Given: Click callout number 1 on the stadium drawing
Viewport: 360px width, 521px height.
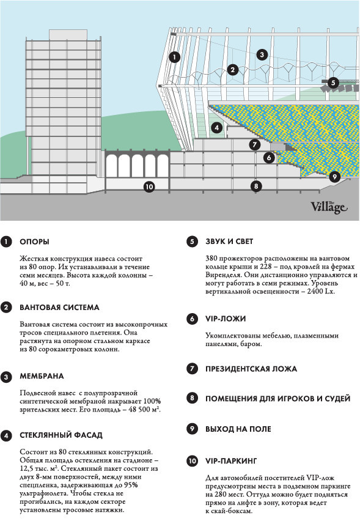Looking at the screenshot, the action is [174, 57].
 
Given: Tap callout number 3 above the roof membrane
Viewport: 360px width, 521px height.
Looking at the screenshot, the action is [262, 54].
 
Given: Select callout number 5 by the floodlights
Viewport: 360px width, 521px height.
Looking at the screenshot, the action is [333, 83].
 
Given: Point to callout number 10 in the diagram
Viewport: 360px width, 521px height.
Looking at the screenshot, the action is [149, 187].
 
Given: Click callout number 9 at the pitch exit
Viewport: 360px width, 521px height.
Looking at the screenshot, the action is [335, 177].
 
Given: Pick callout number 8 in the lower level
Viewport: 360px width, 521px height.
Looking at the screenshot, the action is [255, 186].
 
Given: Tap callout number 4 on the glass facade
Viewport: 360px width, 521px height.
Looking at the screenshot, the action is [217, 128].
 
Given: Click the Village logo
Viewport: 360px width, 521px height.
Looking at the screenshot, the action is [329, 207].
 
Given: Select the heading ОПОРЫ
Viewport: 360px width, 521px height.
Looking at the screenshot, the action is [35, 242].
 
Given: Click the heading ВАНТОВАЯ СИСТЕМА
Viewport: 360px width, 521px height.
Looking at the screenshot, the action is [59, 308].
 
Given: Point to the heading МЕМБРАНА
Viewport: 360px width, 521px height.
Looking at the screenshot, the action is [42, 376].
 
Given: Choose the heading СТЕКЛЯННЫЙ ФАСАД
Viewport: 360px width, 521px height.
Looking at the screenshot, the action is [61, 435].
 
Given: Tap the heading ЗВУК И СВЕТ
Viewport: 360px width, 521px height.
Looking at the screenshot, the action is [229, 242].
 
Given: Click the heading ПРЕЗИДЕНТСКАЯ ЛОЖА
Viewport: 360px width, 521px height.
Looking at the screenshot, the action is [251, 369].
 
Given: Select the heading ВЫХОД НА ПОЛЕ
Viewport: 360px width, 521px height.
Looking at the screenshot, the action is [238, 429].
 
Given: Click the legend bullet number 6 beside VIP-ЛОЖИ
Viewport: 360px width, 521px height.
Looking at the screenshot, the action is [192, 319].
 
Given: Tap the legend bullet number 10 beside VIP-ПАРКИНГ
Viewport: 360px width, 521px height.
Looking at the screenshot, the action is [192, 461].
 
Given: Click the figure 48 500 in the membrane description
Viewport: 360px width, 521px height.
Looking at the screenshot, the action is [139, 409].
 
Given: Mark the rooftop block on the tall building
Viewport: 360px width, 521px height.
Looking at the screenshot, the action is [68, 35].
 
